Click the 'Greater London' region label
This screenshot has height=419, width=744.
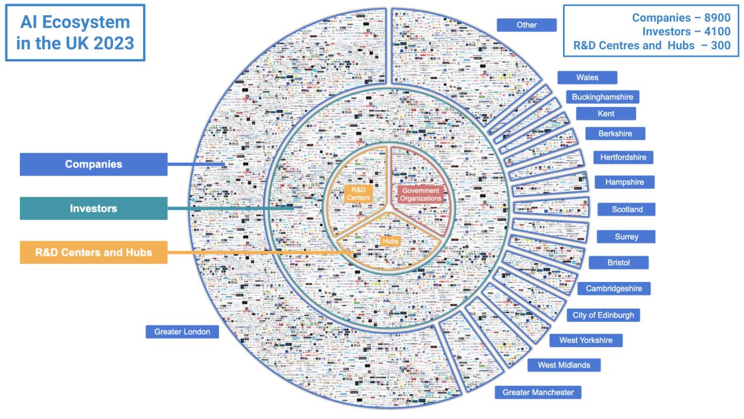(x=182, y=332)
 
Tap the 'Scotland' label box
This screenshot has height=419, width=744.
(x=626, y=209)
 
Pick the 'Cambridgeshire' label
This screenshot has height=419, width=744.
(x=613, y=289)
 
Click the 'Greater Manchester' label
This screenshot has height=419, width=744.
(x=538, y=392)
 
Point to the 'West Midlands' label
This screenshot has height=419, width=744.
(x=563, y=365)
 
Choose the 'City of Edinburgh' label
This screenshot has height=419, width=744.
(x=603, y=315)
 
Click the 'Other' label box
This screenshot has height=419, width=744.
(x=526, y=25)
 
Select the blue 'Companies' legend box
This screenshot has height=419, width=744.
(x=94, y=164)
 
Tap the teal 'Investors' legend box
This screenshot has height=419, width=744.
(x=94, y=208)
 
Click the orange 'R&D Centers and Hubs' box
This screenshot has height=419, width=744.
(x=94, y=253)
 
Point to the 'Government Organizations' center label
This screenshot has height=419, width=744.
(x=420, y=195)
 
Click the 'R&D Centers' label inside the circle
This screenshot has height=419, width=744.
(x=357, y=194)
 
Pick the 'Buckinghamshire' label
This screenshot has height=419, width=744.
(x=603, y=97)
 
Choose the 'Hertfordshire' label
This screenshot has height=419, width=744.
(x=623, y=157)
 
